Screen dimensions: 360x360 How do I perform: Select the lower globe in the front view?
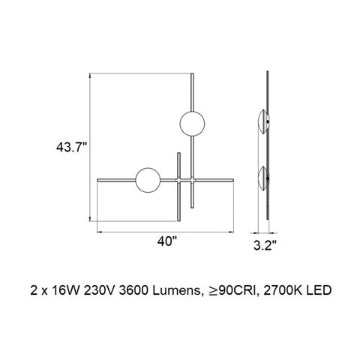(147, 180)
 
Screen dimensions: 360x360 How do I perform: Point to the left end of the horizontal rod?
(100, 180)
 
